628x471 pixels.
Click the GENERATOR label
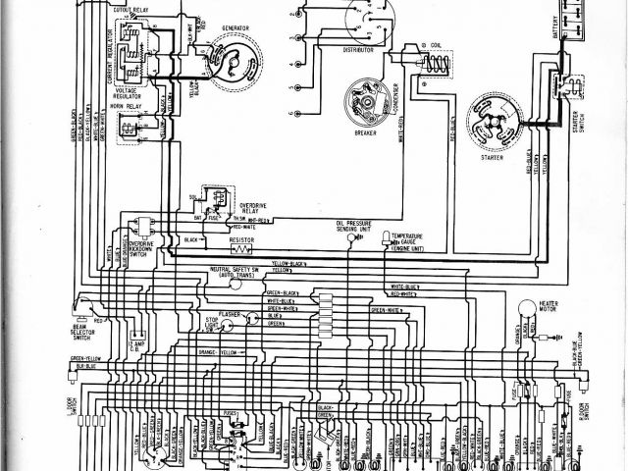pyautogui.click(x=235, y=29)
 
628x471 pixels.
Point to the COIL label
pyautogui.click(x=435, y=45)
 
